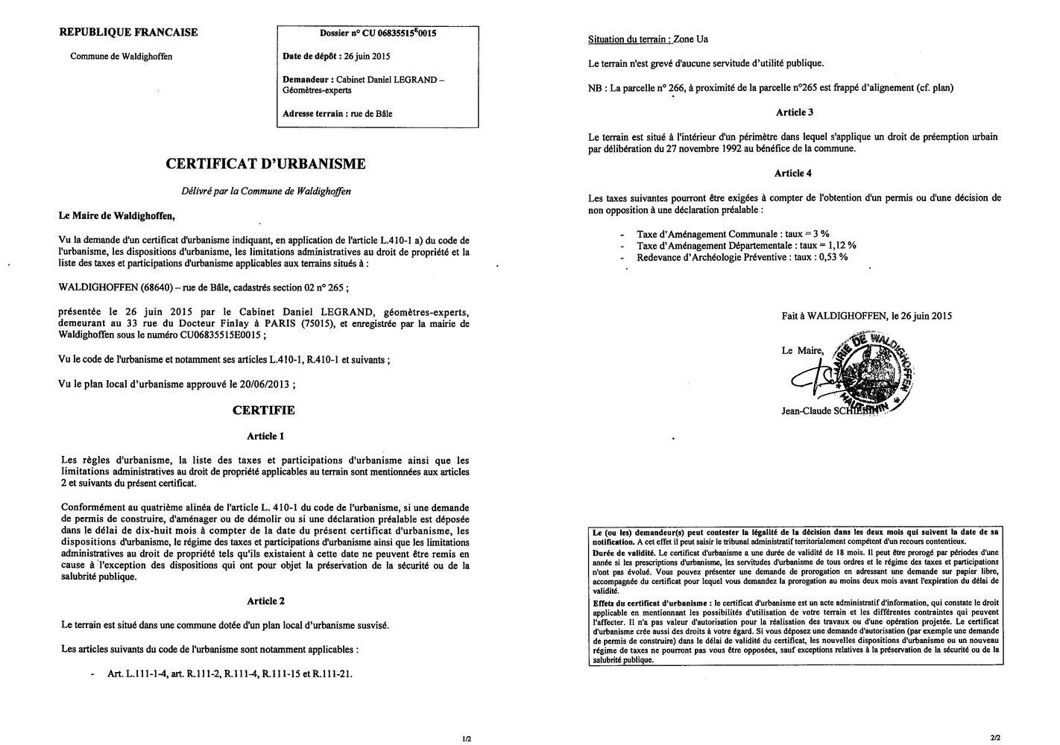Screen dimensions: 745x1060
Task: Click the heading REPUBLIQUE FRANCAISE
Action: (128, 32)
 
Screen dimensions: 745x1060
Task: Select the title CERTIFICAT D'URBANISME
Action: (265, 164)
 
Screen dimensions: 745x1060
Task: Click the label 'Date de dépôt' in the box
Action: (309, 56)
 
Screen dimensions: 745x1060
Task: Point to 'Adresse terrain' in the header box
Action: (313, 114)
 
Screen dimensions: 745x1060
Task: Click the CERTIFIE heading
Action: (264, 410)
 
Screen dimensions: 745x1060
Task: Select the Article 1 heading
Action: (265, 437)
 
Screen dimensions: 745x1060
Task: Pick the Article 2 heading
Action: (265, 601)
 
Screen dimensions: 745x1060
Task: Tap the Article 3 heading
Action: (794, 112)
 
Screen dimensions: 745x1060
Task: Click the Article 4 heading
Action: (793, 174)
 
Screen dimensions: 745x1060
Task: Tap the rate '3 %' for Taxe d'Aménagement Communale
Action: (821, 233)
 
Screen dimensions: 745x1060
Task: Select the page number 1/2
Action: (467, 739)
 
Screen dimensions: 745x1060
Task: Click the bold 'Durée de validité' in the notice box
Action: (622, 554)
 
